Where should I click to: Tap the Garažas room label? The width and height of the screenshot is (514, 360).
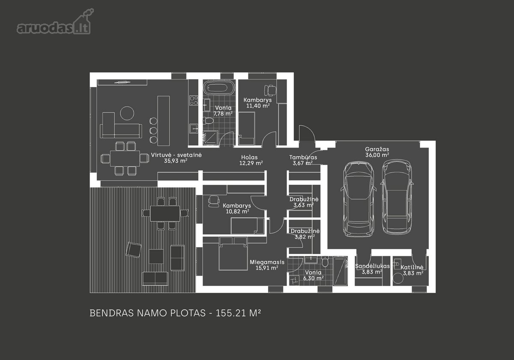pyautogui.click(x=377, y=149)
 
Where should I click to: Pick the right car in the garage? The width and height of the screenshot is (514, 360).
pyautogui.click(x=397, y=197)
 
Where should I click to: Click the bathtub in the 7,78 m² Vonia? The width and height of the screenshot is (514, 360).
pyautogui.click(x=219, y=87)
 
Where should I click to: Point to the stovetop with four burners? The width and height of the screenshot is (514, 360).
pyautogui.click(x=194, y=101)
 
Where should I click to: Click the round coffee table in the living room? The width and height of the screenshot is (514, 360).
pyautogui.click(x=127, y=113)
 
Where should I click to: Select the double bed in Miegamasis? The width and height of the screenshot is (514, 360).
pyautogui.click(x=233, y=254)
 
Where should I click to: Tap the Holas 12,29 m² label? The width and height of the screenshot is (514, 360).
pyautogui.click(x=251, y=160)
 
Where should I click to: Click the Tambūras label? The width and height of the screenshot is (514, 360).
pyautogui.click(x=303, y=157)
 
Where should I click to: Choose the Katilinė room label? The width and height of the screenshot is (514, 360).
pyautogui.click(x=412, y=267)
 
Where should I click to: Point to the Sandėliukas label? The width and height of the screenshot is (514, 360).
pyautogui.click(x=372, y=266)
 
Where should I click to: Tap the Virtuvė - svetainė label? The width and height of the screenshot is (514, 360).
pyautogui.click(x=176, y=155)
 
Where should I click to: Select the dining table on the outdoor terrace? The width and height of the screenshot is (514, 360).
pyautogui.click(x=165, y=213)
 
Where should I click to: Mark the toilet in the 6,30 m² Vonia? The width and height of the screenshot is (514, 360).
pyautogui.click(x=325, y=262)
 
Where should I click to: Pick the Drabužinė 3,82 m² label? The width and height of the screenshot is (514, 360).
pyautogui.click(x=305, y=234)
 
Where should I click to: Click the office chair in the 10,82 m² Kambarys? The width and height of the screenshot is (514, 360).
pyautogui.click(x=214, y=201)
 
